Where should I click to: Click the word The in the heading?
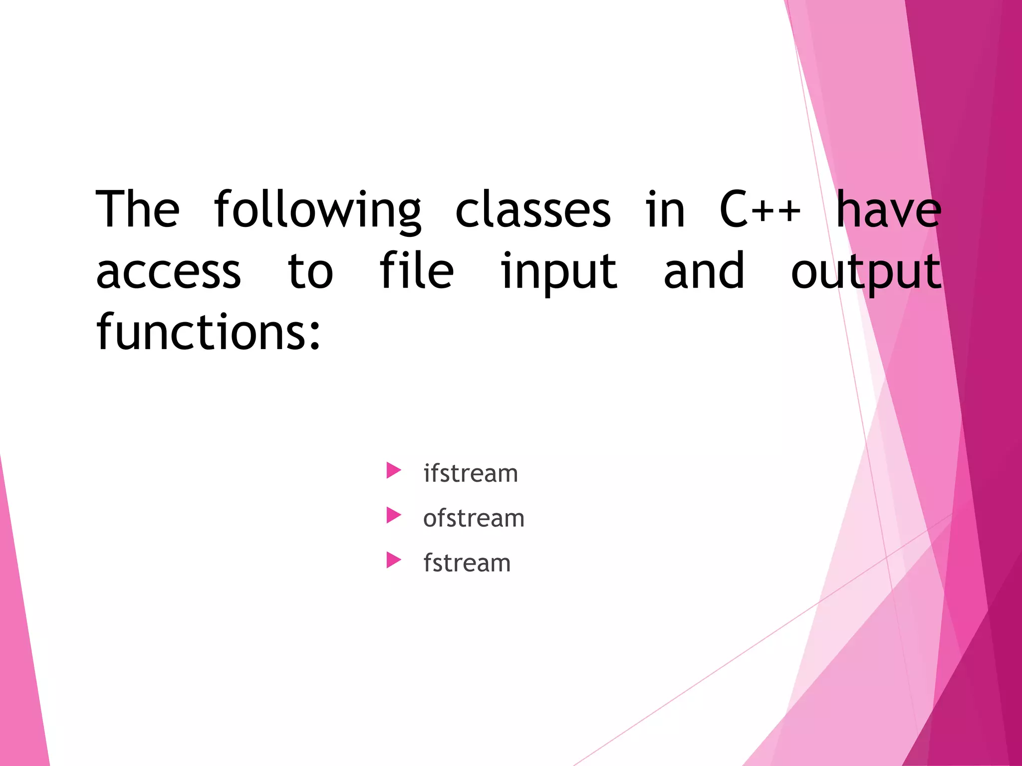(x=137, y=209)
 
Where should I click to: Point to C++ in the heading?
(x=760, y=209)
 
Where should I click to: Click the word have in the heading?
(x=888, y=209)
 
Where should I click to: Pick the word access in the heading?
(x=169, y=272)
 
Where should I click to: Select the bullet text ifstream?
(x=471, y=473)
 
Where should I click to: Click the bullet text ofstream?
(x=474, y=518)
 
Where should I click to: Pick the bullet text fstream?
(x=467, y=563)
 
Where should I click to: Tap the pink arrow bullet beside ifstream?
(x=393, y=470)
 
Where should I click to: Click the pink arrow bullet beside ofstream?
(x=393, y=515)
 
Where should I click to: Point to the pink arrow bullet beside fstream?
(x=393, y=560)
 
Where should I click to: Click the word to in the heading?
(x=310, y=272)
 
